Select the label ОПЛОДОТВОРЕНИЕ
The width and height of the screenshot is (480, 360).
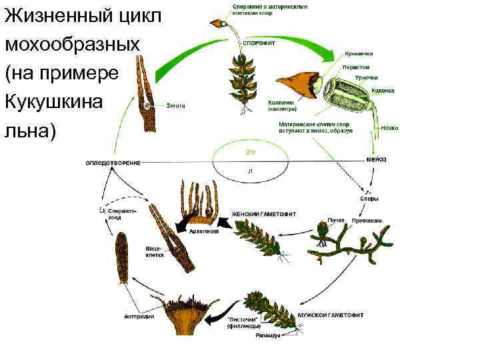112,163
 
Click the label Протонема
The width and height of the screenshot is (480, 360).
367,219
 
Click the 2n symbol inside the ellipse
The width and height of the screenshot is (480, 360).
249,151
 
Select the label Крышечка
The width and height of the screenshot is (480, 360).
359,53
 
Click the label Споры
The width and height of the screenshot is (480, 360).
369,198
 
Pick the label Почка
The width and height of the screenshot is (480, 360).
335,219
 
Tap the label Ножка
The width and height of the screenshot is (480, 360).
389,127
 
